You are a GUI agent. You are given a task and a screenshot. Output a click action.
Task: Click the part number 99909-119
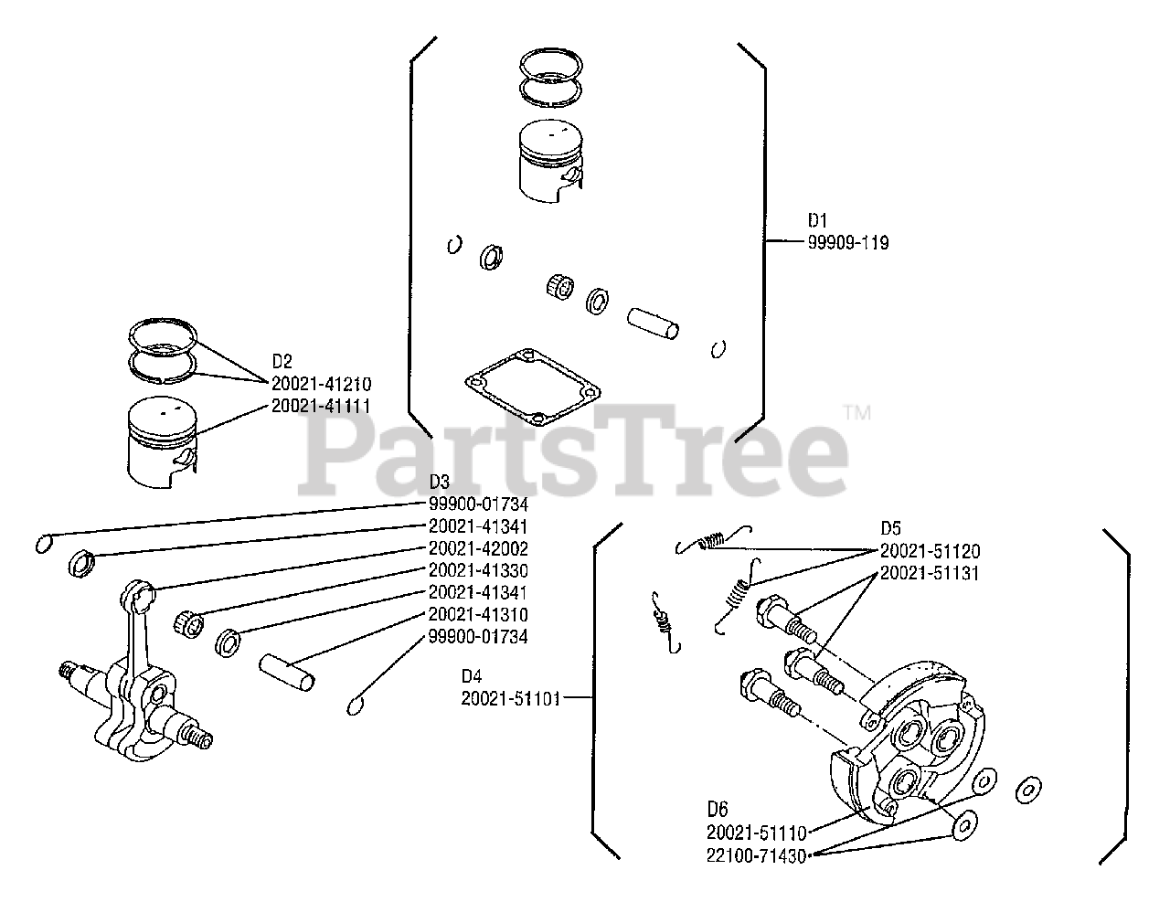click(846, 243)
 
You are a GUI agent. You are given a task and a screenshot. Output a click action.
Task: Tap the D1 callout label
click(816, 221)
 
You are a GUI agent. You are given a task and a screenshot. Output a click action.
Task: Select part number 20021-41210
click(321, 384)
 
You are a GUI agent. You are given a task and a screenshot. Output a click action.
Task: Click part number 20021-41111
click(321, 406)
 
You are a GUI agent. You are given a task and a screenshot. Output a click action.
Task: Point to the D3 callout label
click(440, 482)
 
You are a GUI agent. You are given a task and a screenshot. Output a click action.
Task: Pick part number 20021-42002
click(478, 548)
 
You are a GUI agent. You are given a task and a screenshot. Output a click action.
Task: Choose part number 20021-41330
click(478, 570)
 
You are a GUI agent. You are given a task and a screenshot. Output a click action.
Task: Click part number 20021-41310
click(478, 614)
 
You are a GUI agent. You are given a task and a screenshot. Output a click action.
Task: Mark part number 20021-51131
click(930, 573)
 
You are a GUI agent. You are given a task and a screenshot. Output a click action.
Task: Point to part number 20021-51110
click(757, 833)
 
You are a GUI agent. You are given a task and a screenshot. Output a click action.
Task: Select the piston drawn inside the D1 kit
click(549, 159)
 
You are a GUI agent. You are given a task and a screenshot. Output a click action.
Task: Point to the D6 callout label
click(718, 810)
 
